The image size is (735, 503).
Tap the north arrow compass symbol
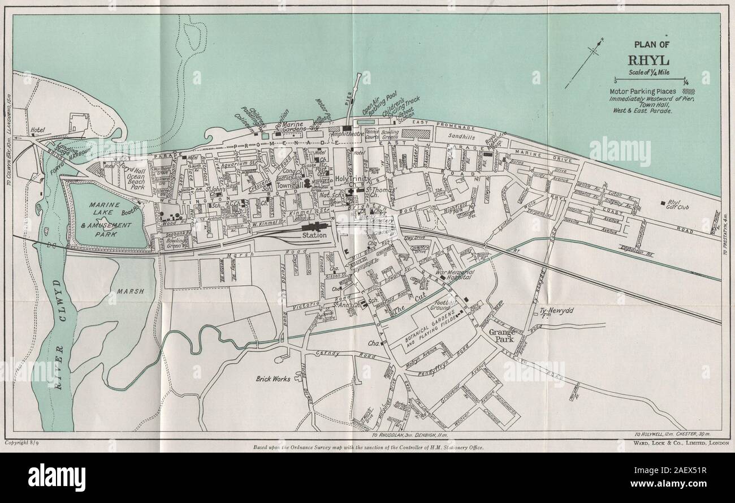pyautogui.click(x=591, y=53)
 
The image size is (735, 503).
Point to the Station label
pyautogui.click(x=315, y=235)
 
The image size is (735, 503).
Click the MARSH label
pyautogui.click(x=131, y=292)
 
